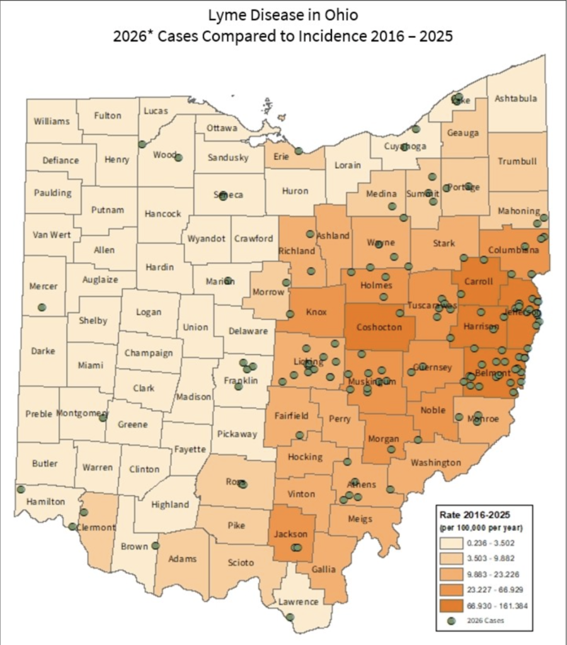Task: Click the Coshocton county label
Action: pos(379,327)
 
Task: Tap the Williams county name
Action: pos(52,120)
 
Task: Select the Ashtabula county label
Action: pos(516,98)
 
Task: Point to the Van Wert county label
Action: pos(52,234)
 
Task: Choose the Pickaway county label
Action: pos(237,433)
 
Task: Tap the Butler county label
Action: pos(45,463)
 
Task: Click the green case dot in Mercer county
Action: pos(42,307)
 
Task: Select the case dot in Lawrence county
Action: pos(290,617)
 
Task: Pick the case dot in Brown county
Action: pos(156,545)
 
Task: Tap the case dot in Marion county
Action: pos(228,280)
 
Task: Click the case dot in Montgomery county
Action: pos(103,417)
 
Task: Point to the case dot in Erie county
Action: pos(299,151)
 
